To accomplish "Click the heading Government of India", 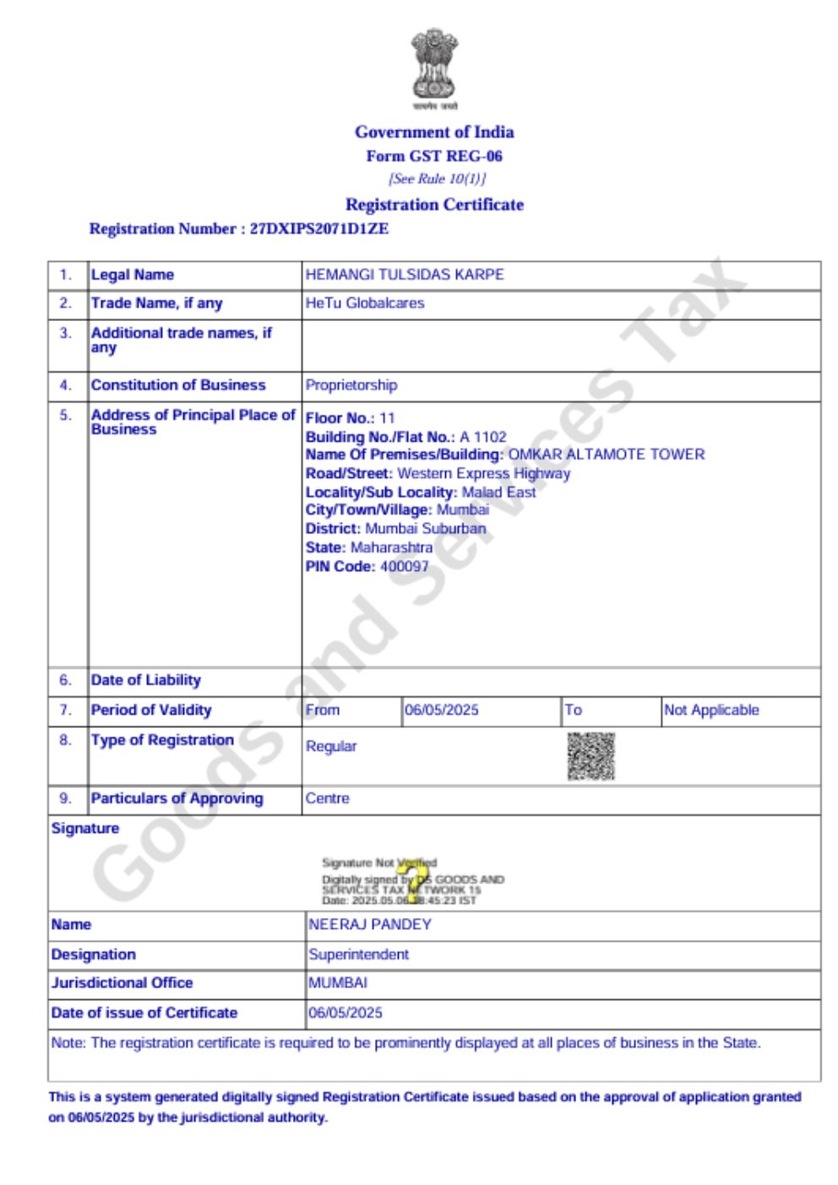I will [x=434, y=132].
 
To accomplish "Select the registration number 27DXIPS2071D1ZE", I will [x=319, y=229].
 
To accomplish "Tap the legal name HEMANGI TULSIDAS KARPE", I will [x=405, y=275].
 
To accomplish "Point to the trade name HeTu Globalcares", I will [x=365, y=303].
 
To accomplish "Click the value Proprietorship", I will [x=351, y=385].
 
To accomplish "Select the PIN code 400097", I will [x=405, y=566].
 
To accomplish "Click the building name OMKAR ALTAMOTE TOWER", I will [x=606, y=454].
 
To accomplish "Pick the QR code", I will [x=590, y=756].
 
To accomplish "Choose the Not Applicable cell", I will [x=711, y=710].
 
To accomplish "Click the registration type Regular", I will [x=331, y=747].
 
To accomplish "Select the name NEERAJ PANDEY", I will [x=370, y=925].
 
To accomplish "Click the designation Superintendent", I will [x=358, y=954].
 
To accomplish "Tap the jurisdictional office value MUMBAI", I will [x=338, y=983].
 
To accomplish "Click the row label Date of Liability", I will [x=146, y=680].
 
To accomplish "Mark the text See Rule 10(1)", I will [x=437, y=179].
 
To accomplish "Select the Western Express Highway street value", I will [x=483, y=473].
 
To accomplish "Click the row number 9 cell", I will [x=66, y=798].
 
